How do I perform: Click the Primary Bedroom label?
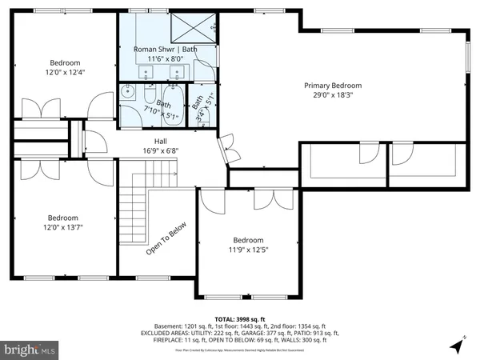333,86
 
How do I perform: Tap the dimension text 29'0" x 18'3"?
333,95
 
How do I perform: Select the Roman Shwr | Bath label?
163,49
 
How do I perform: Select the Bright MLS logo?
30,350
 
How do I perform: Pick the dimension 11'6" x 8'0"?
163,58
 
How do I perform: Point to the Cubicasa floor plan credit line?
240,349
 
